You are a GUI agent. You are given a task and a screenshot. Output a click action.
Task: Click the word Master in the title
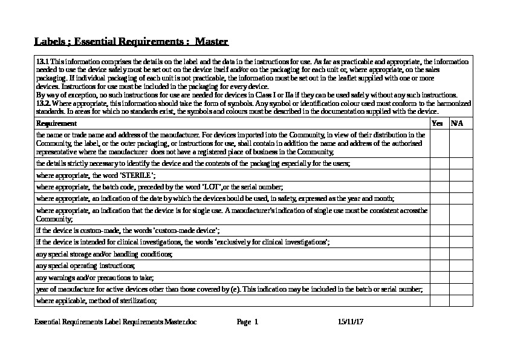[x=212, y=42]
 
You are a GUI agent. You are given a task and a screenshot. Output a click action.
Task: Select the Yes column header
[x=438, y=123]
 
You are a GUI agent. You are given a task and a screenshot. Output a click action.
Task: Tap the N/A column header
[x=457, y=123]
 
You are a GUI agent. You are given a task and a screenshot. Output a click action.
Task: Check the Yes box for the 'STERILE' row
[x=439, y=175]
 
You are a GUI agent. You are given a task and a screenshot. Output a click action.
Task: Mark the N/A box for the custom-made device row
[x=461, y=231]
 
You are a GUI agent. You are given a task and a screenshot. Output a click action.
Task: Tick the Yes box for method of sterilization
[x=439, y=301]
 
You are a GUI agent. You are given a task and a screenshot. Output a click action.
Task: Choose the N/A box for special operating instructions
[x=461, y=266]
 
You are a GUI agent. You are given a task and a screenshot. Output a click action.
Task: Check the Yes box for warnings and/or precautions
[x=439, y=278]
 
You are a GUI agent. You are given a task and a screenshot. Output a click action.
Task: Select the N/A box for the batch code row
[x=461, y=187]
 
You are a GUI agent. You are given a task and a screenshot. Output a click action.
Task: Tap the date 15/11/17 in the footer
[x=351, y=322]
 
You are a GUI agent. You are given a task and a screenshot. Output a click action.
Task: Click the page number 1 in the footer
[x=256, y=322]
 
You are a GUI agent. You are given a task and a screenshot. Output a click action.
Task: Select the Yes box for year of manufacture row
[x=439, y=289]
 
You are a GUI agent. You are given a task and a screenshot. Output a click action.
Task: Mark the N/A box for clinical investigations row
[x=461, y=242]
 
